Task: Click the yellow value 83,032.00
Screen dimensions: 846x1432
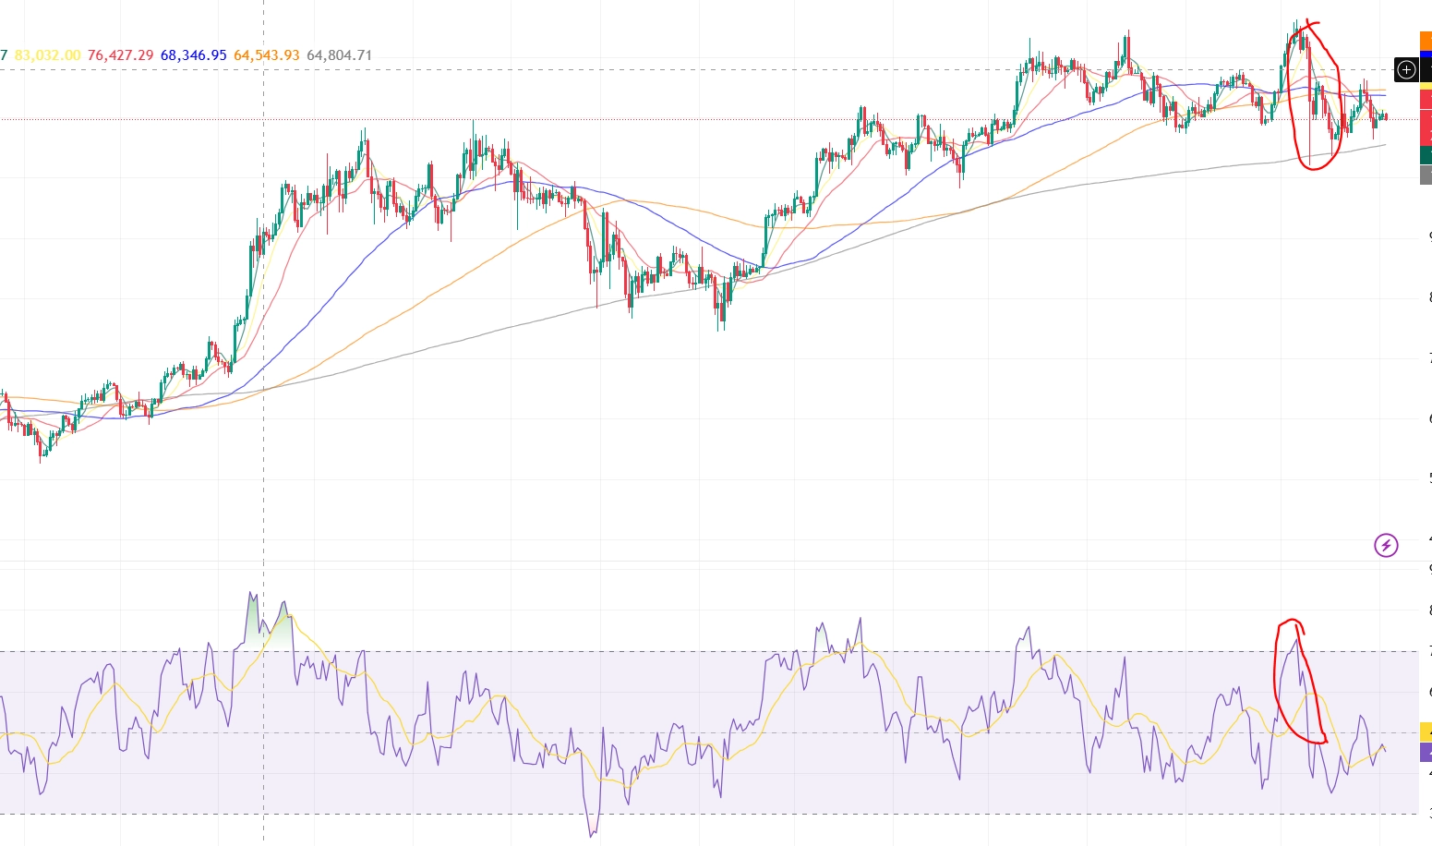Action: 47,55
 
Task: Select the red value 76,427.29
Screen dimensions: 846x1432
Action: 120,55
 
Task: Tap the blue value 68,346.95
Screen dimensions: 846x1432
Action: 193,55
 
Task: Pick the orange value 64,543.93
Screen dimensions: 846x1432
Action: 266,55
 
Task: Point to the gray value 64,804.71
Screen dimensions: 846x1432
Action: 339,55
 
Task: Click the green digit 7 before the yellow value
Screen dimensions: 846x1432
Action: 4,55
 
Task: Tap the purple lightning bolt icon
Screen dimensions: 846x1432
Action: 1386,546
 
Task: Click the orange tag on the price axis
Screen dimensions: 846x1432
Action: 1426,41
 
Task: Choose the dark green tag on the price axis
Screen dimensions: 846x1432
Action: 1426,154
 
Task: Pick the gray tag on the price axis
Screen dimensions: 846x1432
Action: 1426,175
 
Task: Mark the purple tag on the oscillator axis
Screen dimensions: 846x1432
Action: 1426,751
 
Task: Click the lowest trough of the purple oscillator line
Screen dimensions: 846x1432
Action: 592,836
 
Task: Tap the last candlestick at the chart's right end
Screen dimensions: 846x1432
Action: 1386,116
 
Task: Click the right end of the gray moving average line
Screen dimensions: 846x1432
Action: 1385,145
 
